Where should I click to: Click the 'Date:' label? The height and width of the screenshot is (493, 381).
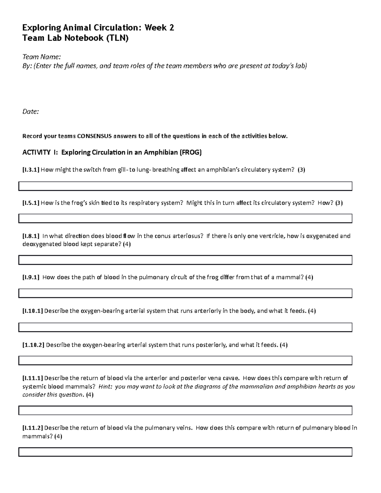30,111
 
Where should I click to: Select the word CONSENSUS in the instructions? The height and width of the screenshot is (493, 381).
94,136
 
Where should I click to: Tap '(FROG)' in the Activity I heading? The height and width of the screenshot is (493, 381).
190,152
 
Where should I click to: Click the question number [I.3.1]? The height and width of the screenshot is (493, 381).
30,170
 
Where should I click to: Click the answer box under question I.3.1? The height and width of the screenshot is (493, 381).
185,186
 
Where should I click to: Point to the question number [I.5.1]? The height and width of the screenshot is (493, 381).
30,203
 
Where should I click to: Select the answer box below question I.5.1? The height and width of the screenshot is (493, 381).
185,218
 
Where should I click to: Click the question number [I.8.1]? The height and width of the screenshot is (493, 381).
30,236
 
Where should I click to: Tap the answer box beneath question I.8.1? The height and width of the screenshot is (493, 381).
185,260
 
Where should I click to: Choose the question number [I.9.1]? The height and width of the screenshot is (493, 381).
30,277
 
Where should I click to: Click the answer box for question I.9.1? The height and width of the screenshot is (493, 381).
185,293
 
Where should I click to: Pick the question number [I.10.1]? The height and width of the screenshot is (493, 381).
32,311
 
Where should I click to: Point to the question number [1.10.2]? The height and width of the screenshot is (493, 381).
33,345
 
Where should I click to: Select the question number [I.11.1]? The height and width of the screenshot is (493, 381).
32,378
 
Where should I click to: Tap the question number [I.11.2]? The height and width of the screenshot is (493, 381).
32,428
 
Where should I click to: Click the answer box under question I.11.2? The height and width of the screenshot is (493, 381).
185,452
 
